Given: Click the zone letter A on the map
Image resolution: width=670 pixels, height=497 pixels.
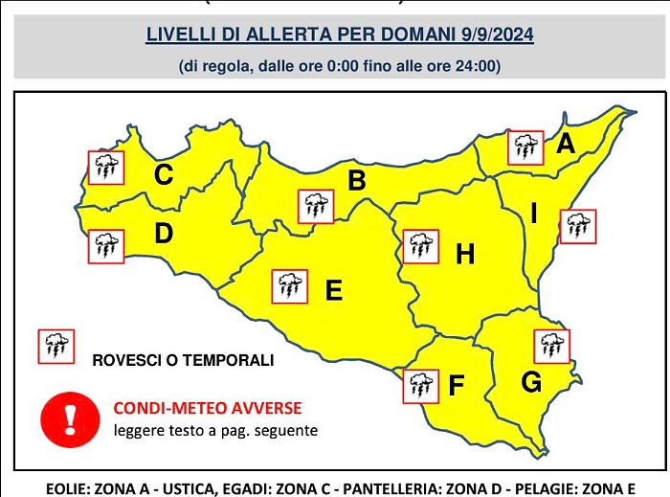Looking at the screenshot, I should pos(565,145).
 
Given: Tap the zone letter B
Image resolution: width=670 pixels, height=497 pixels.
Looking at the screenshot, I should pos(357,180).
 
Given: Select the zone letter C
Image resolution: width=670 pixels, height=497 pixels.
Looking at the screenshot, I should pos(164,175).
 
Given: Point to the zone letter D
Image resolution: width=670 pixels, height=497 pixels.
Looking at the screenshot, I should pos(164,233).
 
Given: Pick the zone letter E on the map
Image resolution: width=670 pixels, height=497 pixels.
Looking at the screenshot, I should pos(334,289).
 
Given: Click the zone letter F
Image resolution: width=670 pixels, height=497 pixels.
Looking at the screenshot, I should pos(457,386).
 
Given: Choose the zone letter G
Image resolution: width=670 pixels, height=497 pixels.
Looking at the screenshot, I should pos(531,382).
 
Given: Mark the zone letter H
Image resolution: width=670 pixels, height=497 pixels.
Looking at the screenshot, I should pos(465,254).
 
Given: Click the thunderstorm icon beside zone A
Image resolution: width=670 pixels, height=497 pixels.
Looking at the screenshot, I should pos(524,147).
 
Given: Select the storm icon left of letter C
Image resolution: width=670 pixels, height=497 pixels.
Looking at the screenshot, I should pos(104,168).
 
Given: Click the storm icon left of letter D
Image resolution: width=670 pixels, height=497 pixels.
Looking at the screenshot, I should pos(104,246).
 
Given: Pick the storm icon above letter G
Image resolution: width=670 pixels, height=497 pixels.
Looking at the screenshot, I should pos(552,345).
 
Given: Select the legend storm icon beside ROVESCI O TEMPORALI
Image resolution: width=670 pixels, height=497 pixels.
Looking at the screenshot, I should pos(56,346).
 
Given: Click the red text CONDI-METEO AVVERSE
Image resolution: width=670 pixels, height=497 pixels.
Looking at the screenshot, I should pos(208,408).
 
